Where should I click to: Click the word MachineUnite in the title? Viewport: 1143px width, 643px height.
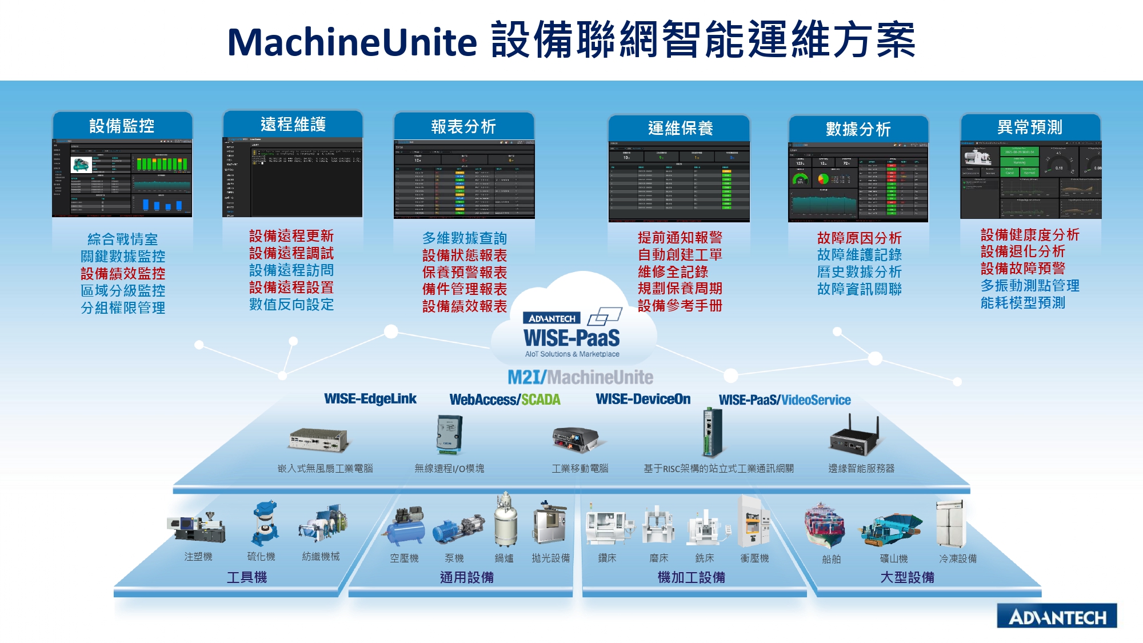click(351, 42)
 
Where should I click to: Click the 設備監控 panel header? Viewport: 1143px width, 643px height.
click(122, 126)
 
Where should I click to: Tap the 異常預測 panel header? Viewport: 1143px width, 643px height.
click(1030, 127)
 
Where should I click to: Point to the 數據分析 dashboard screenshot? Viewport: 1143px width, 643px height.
click(858, 182)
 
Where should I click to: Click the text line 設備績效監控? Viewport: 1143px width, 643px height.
click(123, 274)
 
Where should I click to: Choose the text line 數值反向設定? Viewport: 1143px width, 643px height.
click(291, 305)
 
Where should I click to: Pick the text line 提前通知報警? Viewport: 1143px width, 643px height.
click(680, 238)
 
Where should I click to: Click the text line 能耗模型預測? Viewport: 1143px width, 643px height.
click(1023, 303)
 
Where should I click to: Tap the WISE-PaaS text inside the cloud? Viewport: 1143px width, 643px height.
click(571, 338)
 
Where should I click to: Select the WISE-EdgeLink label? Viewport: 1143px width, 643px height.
click(370, 399)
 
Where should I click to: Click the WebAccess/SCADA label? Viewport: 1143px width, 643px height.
click(505, 400)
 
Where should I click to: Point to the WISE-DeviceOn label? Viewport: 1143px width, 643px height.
click(643, 399)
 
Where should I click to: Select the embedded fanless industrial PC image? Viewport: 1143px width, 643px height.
click(318, 440)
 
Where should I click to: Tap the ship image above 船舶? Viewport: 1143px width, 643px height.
click(824, 525)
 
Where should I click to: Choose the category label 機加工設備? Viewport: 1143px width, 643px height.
click(691, 577)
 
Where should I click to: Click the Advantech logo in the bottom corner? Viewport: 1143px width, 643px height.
click(1057, 616)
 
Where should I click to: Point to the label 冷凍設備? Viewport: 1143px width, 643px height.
click(958, 558)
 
